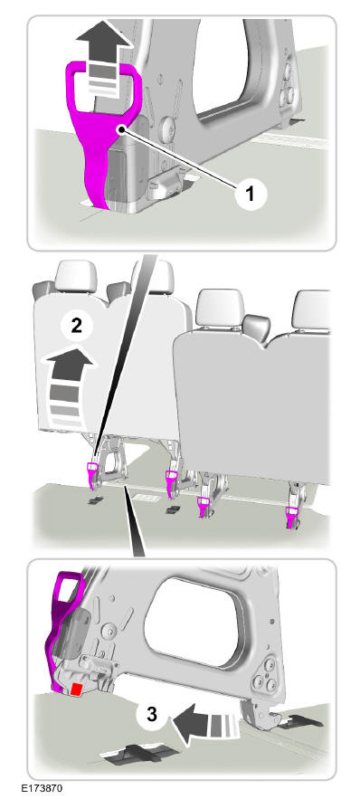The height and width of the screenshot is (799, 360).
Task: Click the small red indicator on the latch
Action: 77,690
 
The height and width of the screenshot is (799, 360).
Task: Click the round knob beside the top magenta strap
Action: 167,130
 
